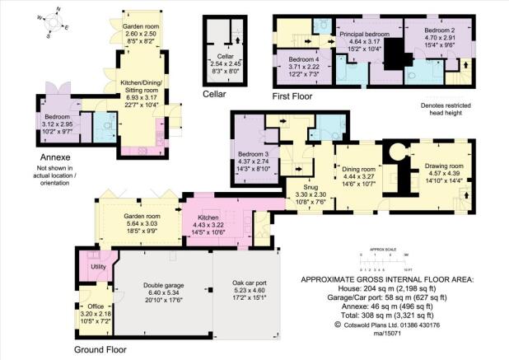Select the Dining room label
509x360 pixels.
(358, 169)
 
